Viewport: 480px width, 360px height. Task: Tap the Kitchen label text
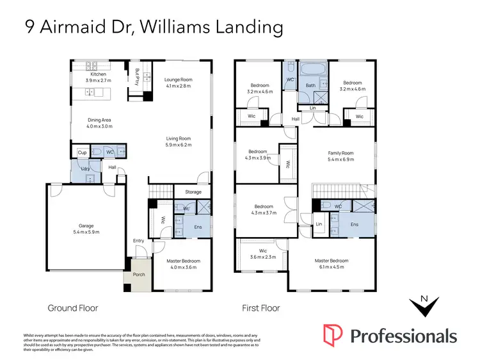pos(98,74)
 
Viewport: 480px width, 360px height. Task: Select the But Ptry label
pos(136,79)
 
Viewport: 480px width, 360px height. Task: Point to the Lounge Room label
pos(178,79)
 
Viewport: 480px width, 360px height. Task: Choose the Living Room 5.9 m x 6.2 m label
pos(179,142)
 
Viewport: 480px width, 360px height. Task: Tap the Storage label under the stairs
pos(193,192)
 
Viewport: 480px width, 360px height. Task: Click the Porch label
pos(139,275)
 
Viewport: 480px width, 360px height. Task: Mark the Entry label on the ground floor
pos(139,241)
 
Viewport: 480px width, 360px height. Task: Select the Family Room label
pos(340,153)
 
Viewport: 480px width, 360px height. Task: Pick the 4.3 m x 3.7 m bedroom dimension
pos(264,213)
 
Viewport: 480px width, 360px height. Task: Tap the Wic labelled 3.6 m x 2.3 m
pos(262,254)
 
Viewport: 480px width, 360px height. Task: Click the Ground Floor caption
pos(73,308)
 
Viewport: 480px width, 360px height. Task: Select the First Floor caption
pos(260,308)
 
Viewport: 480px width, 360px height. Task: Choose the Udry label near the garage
pos(85,168)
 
